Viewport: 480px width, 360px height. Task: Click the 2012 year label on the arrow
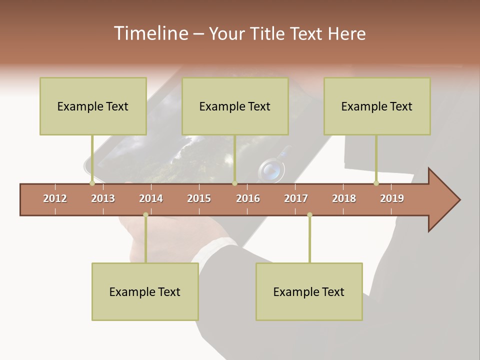pyautogui.click(x=55, y=198)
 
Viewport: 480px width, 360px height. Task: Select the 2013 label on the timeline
pyautogui.click(x=103, y=198)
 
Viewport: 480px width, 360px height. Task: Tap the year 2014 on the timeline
pyautogui.click(x=151, y=198)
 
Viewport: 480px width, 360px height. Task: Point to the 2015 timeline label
pyautogui.click(x=199, y=198)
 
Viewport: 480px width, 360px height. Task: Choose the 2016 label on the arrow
pyautogui.click(x=248, y=198)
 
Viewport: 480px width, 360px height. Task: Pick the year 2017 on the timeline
pyautogui.click(x=296, y=198)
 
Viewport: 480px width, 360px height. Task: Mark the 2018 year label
pyautogui.click(x=344, y=198)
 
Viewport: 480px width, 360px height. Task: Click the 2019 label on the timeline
pyautogui.click(x=392, y=198)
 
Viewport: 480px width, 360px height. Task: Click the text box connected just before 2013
pyautogui.click(x=93, y=106)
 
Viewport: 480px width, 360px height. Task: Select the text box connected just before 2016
pyautogui.click(x=235, y=106)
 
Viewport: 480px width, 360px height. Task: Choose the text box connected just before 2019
pyautogui.click(x=377, y=106)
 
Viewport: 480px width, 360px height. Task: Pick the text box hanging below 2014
pyautogui.click(x=145, y=291)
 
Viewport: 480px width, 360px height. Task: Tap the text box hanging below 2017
pyautogui.click(x=309, y=291)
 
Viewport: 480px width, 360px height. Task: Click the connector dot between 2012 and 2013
pyautogui.click(x=92, y=183)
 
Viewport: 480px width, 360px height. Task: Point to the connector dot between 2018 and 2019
pyautogui.click(x=376, y=183)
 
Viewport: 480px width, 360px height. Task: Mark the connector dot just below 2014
pyautogui.click(x=145, y=215)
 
